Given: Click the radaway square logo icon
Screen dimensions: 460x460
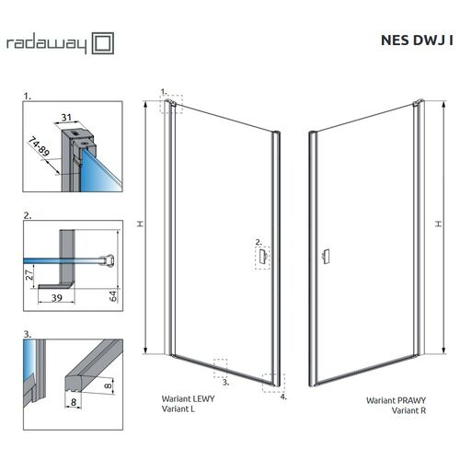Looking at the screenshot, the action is pos(103,43).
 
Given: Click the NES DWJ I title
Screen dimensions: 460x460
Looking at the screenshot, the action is pos(417,40).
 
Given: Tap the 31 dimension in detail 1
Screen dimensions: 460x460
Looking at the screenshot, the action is pos(66,118).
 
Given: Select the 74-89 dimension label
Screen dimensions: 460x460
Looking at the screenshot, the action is pos(39,146).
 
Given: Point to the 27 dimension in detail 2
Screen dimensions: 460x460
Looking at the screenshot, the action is pos(29,275).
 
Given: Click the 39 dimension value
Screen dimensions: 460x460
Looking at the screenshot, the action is pos(57,298).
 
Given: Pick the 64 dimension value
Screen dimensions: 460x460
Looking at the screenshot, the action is pos(113,296).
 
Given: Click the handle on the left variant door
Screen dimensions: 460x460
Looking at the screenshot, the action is pos(263,256).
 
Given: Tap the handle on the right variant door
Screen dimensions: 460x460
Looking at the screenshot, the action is pos(326,257).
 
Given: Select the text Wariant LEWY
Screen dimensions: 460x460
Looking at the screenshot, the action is pos(188,398).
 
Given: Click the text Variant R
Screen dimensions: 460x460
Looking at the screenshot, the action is pos(408,410).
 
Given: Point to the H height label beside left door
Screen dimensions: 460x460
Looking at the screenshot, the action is pos(140,224).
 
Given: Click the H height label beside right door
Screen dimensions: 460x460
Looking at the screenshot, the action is pos(439,224).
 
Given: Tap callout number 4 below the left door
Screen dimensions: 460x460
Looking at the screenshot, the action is pos(283,397).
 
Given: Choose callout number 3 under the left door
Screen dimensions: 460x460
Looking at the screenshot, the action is pos(225,383).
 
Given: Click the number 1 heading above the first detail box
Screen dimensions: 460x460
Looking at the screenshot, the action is pos(28,97).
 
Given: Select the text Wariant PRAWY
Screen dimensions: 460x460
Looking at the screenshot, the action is pos(396,400).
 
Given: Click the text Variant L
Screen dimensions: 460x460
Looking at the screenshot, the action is pos(178,408).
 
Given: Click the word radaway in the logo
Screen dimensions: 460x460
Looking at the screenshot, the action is pos(47,44).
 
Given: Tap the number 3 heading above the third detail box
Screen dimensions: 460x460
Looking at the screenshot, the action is pos(28,334).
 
